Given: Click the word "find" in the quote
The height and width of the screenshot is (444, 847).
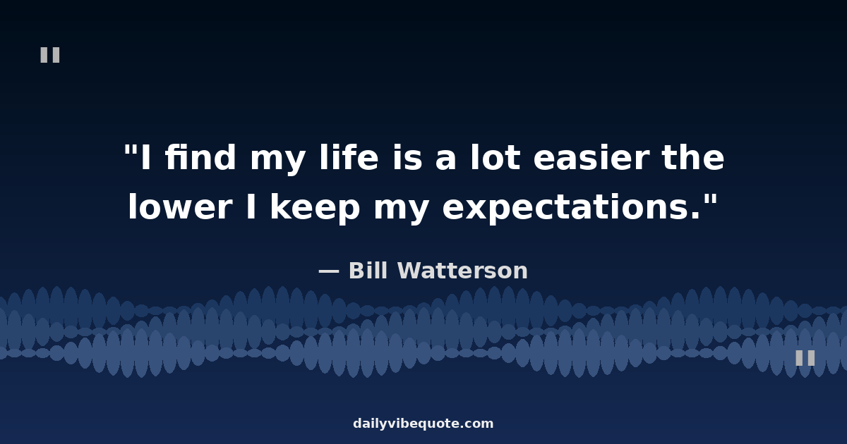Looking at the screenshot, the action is point(200,157).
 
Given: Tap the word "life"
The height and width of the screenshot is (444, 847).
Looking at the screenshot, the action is point(349,157).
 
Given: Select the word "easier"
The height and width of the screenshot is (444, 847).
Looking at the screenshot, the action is point(591,157).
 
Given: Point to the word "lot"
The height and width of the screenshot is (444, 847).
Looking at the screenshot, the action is point(495,157).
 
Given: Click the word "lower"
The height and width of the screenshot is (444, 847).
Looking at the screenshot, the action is point(179,206).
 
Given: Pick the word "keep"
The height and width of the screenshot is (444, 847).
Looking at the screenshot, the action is point(315,209).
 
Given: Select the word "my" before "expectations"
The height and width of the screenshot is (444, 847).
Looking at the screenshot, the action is point(401,210).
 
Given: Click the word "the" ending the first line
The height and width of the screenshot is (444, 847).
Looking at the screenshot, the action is point(693,157).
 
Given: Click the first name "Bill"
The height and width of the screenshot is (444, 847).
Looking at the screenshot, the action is point(368,271).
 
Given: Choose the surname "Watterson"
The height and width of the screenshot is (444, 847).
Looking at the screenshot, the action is point(462,271).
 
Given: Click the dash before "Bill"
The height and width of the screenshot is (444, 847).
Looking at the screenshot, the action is point(329,271).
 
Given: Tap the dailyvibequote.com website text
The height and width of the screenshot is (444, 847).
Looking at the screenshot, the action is point(423,424).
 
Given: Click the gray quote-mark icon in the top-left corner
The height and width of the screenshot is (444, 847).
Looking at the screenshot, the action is point(50,55).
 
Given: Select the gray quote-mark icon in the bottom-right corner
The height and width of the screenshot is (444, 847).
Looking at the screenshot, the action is point(805,358).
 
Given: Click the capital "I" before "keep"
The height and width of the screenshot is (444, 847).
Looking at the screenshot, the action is point(251,206).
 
